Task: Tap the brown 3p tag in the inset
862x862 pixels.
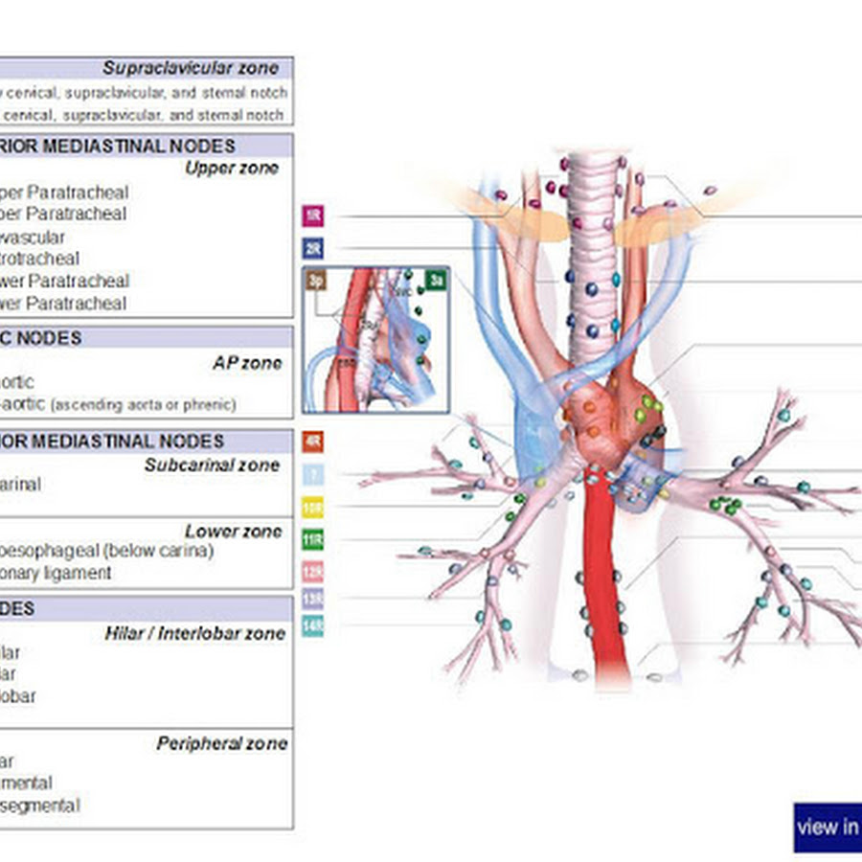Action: point(316,281)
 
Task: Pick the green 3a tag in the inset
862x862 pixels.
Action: point(436,280)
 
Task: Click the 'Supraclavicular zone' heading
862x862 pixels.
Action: point(191,68)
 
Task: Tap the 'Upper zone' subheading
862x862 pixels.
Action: point(232,169)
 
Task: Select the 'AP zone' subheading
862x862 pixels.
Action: point(247,364)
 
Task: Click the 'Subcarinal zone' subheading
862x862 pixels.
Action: point(212,465)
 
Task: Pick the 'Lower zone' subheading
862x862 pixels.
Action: point(234,532)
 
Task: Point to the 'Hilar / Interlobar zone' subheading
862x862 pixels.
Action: point(195,633)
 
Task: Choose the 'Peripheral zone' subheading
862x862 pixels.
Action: point(222,744)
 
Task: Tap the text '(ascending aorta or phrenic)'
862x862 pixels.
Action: point(144,405)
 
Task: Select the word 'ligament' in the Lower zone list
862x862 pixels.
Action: point(80,573)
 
